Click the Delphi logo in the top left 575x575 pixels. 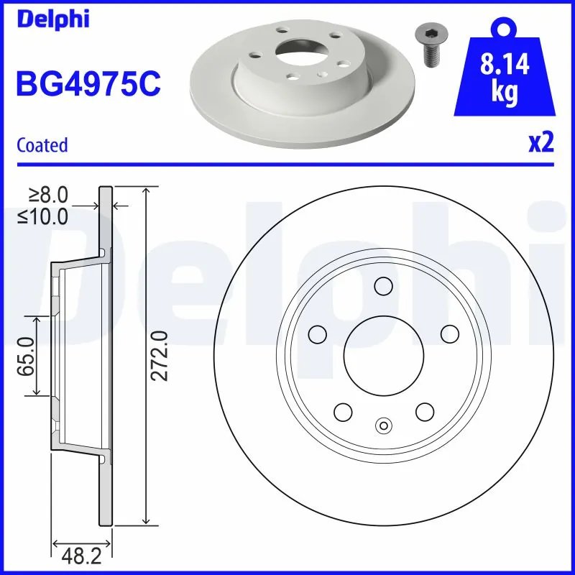tap(53, 19)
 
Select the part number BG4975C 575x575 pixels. tap(88, 84)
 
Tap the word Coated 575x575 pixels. tap(42, 145)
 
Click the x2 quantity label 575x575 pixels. tap(540, 143)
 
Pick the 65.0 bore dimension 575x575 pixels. tap(26, 355)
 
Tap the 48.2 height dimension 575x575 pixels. tap(79, 555)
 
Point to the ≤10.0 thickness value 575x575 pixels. tap(44, 215)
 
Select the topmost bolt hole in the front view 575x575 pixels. tap(382, 287)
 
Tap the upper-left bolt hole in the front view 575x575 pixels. tap(316, 333)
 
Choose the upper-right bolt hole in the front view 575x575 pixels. tap(449, 333)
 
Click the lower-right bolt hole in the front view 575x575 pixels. tap(425, 411)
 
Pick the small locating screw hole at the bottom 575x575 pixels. tap(383, 425)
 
